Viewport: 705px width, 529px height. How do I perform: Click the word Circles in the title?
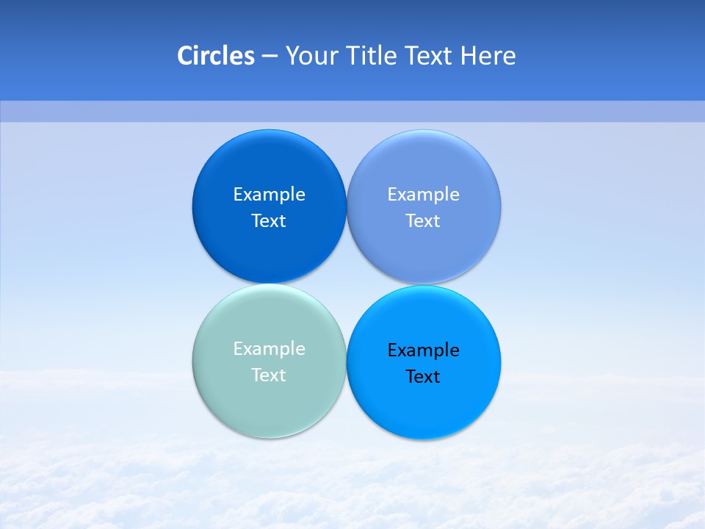(x=216, y=56)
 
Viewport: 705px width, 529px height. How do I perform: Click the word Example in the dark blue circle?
(x=270, y=195)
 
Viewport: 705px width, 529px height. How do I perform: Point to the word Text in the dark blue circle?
(x=269, y=221)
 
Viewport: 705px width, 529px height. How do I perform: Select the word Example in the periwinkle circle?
(x=424, y=195)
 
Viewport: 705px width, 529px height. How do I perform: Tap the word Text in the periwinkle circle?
(x=423, y=221)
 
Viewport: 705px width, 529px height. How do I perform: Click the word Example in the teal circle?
(x=270, y=349)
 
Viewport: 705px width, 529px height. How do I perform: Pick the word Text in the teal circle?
(x=269, y=375)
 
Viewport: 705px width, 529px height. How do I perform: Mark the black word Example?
(x=424, y=350)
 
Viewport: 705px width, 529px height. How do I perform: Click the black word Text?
(x=423, y=377)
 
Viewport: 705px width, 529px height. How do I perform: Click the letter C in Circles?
(x=185, y=56)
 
